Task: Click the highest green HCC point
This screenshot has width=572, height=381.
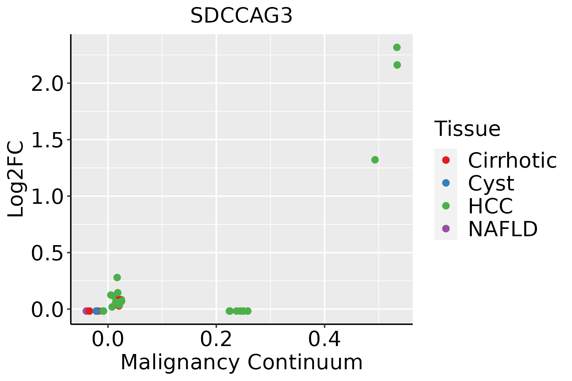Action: [x=397, y=48]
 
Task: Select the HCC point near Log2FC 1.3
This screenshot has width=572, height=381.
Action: [x=375, y=160]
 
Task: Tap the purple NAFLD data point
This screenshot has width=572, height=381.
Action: [x=86, y=311]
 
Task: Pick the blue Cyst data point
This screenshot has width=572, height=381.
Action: [x=96, y=311]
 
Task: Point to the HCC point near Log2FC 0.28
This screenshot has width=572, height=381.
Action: [x=117, y=277]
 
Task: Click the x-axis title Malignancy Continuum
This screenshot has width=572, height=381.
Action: [x=242, y=362]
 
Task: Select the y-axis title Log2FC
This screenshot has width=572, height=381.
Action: [x=16, y=179]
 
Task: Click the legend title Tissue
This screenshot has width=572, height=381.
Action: [x=467, y=129]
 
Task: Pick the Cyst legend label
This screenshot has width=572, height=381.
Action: [x=491, y=183]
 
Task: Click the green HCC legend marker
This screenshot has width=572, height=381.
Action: [x=446, y=206]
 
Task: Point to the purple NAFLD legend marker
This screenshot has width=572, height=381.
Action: [x=446, y=229]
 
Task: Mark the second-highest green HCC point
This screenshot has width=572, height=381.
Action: [x=397, y=65]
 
